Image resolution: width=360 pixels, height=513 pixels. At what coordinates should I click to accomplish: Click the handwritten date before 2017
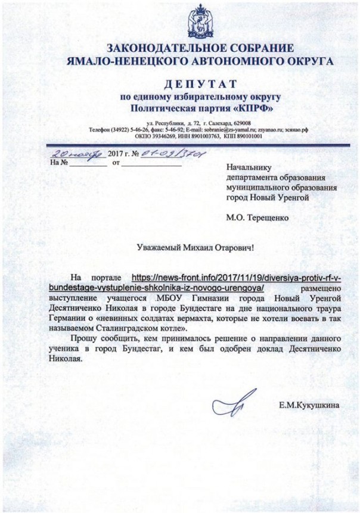coord(77,152)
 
